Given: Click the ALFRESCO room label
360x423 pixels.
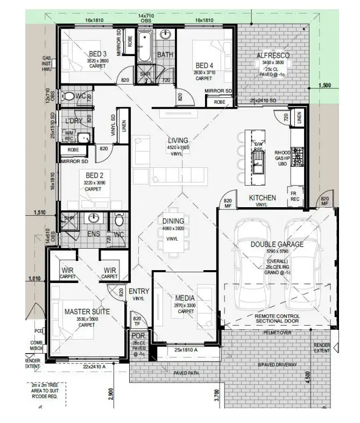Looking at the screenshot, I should tap(273, 55).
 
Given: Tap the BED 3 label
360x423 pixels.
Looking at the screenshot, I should tap(97, 53).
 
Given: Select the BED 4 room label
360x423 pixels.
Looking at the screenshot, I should tap(204, 66).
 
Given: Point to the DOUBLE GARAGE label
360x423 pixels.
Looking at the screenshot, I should tap(277, 244).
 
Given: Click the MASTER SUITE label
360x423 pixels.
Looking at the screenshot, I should tap(87, 311).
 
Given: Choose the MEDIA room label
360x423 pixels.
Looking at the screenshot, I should tap(185, 298).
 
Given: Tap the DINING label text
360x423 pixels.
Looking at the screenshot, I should tap(173, 221).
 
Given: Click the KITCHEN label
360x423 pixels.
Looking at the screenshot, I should tap(262, 198).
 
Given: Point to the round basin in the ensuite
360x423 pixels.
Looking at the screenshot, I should tap(95, 218).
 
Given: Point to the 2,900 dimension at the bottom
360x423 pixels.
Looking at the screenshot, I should tap(110, 394).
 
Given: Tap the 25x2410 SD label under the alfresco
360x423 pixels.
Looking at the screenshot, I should tap(263, 101).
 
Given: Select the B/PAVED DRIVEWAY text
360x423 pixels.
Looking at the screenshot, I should tap(277, 364).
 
